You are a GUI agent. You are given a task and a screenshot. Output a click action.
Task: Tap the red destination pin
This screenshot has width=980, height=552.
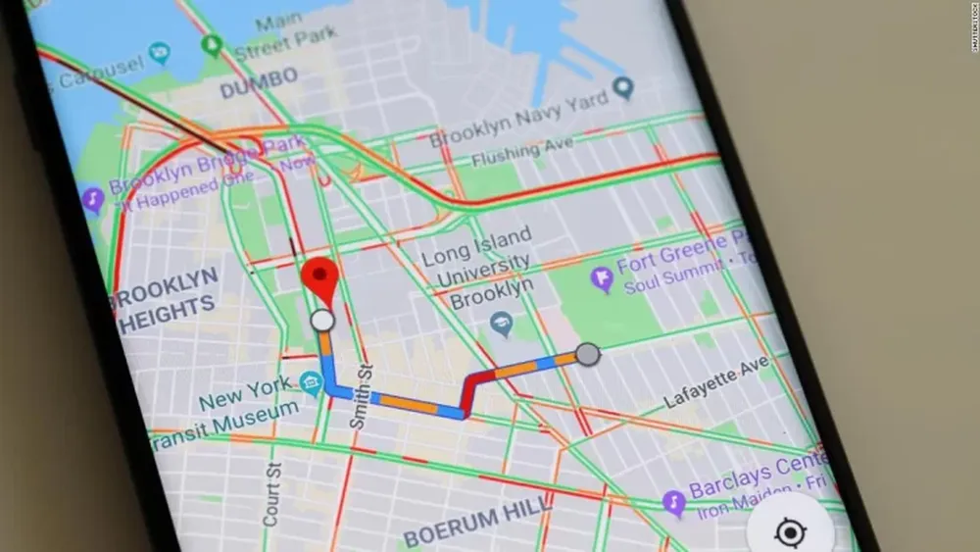[x=319, y=276]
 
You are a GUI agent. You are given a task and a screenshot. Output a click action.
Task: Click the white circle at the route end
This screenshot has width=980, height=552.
[x=321, y=321]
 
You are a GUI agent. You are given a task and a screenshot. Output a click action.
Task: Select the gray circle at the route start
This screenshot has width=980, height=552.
[x=587, y=354]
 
